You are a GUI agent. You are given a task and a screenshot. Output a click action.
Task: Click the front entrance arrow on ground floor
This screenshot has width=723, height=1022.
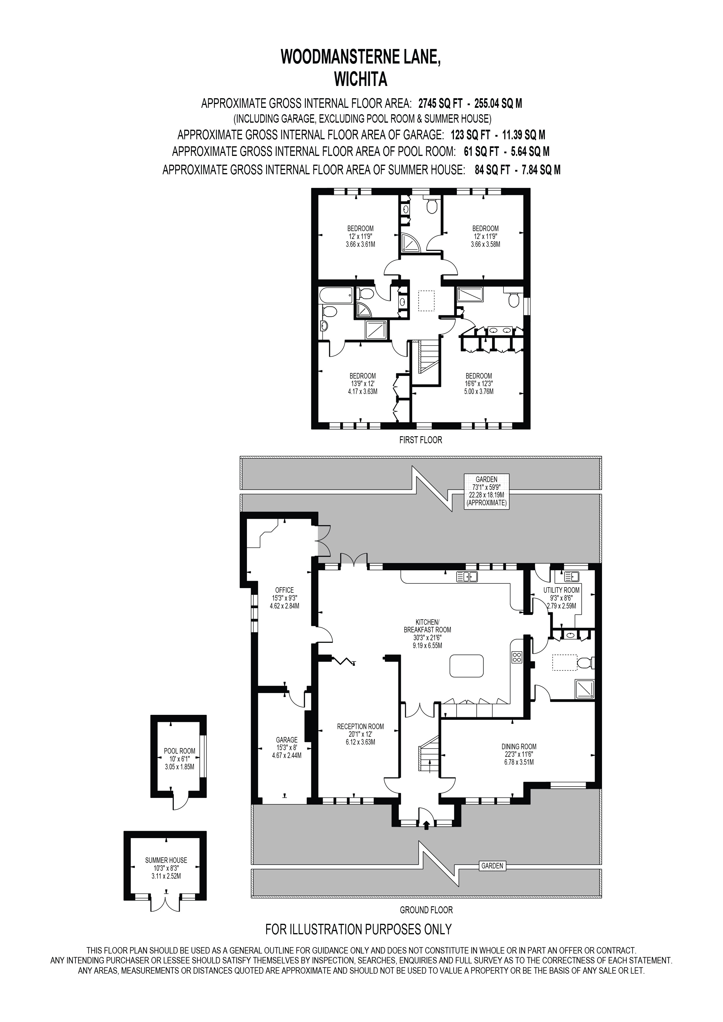426,826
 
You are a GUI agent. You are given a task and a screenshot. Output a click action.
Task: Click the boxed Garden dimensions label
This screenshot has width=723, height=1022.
486,491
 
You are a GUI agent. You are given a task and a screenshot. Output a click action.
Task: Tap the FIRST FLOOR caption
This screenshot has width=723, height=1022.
420,440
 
